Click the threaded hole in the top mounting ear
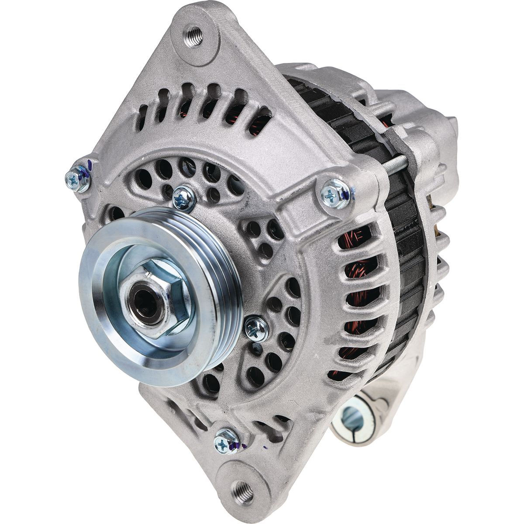pos(194,35)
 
